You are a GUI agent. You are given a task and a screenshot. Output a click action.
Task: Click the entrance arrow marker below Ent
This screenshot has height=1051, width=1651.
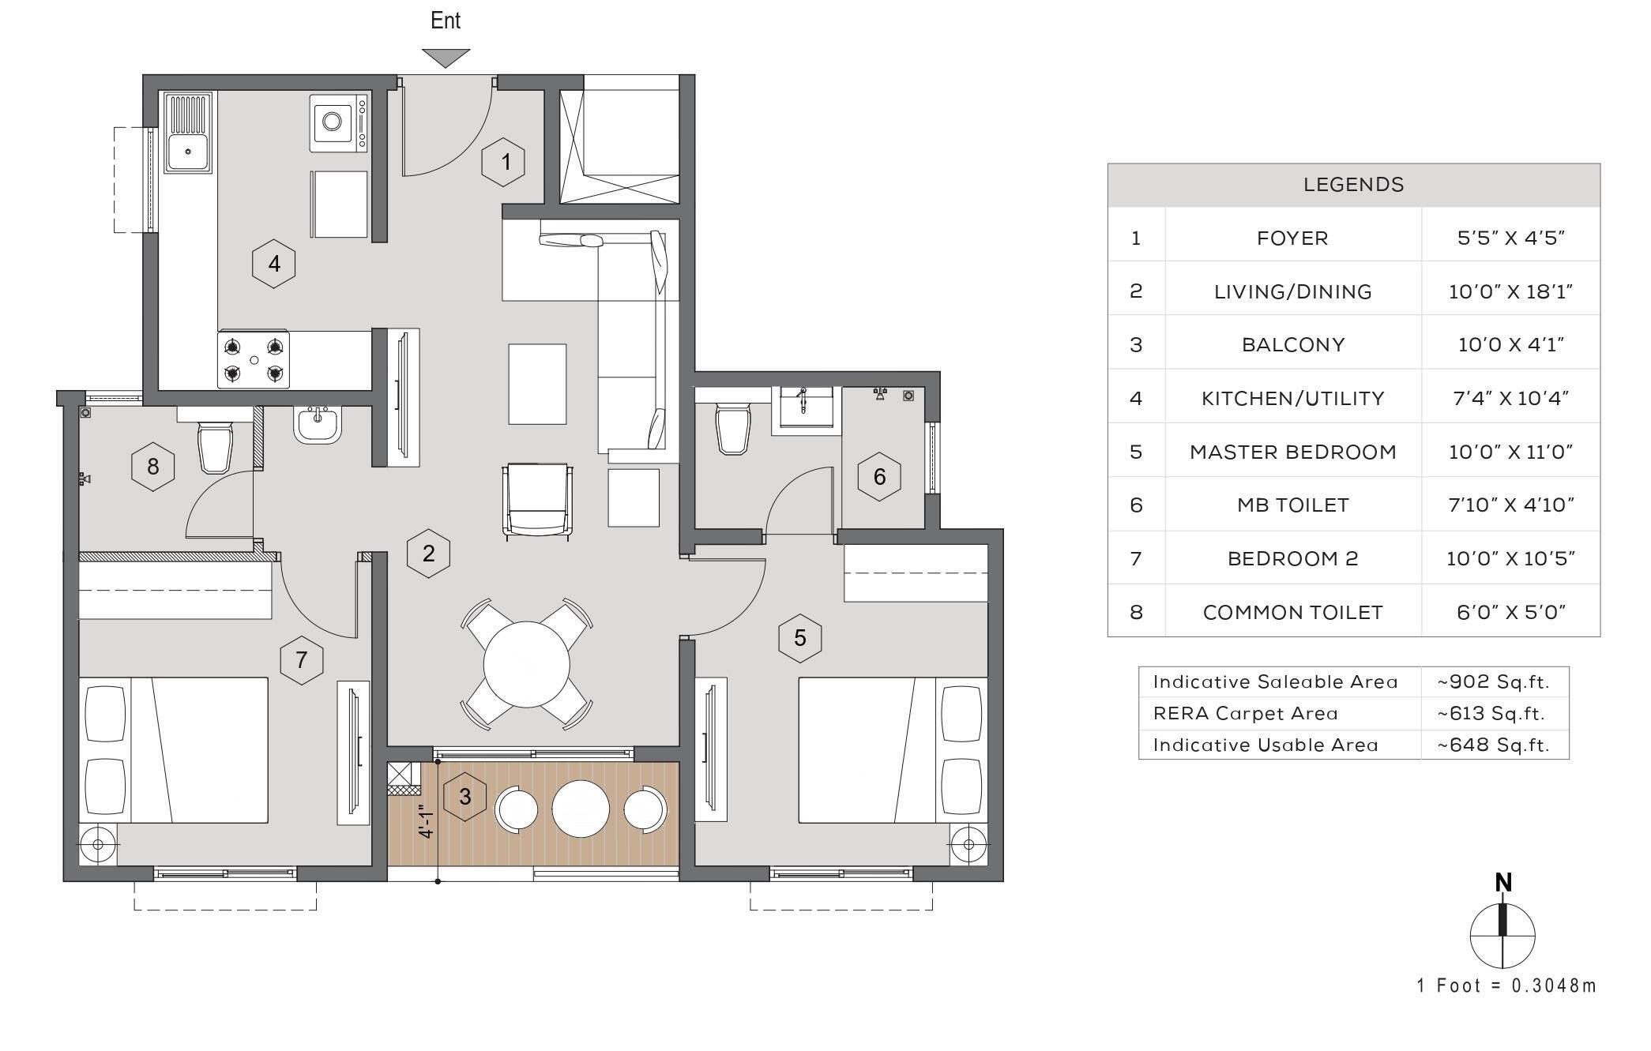click(x=446, y=58)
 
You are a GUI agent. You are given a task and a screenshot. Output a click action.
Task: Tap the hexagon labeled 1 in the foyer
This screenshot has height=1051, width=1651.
click(x=503, y=162)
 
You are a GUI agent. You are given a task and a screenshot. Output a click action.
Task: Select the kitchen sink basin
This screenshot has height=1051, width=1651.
click(x=187, y=150)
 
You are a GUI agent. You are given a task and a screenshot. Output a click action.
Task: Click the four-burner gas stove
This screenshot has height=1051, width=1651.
click(x=253, y=359)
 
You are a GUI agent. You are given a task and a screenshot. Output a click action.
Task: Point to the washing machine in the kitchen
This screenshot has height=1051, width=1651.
click(x=338, y=122)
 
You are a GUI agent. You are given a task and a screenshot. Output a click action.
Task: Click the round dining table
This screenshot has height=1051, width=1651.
click(x=526, y=664)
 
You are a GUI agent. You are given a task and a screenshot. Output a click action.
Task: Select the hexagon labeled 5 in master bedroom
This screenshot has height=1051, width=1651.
click(x=799, y=637)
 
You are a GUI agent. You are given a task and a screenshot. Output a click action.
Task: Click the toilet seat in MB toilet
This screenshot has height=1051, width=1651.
click(x=732, y=430)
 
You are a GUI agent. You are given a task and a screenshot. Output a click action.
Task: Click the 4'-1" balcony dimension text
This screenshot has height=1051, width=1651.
click(x=426, y=821)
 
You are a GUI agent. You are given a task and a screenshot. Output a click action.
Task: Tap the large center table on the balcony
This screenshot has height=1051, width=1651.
click(x=581, y=809)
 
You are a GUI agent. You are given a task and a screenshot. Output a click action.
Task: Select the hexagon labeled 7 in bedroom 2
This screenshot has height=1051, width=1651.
click(x=301, y=659)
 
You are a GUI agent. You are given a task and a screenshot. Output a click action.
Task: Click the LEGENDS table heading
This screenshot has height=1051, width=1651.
click(x=1353, y=185)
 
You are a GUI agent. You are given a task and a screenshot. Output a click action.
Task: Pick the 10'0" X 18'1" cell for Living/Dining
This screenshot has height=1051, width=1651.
click(x=1510, y=291)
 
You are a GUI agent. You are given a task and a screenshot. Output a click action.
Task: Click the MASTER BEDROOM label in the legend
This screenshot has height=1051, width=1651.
click(x=1292, y=452)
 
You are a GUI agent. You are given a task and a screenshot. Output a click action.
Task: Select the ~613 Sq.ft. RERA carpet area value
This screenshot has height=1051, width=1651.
click(x=1491, y=713)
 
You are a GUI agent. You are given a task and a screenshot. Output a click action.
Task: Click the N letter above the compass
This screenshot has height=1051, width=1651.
click(x=1503, y=882)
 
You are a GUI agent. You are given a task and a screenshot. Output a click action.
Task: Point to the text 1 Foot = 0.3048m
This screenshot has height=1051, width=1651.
click(x=1506, y=985)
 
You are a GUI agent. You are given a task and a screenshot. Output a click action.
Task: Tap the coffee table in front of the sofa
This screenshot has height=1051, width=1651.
click(x=537, y=384)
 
